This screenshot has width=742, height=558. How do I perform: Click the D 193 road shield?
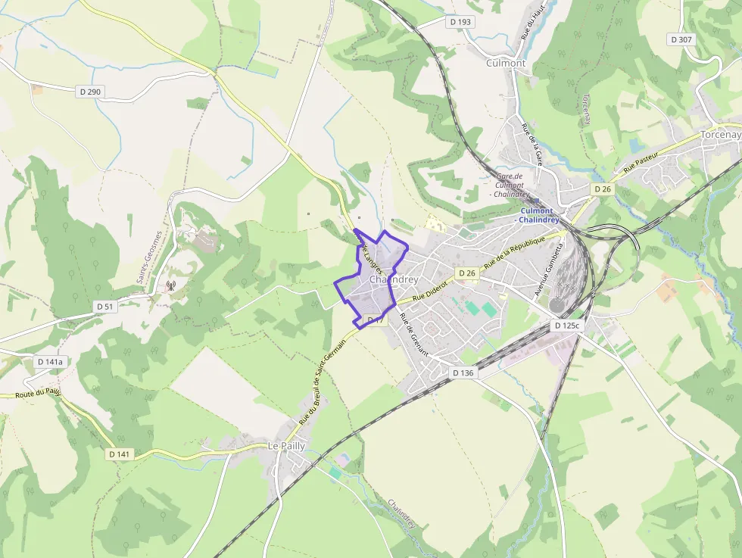[460, 22]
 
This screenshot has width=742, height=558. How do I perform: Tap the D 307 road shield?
[681, 39]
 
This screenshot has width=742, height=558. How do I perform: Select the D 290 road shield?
[90, 92]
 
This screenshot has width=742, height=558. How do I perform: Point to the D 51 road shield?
[104, 307]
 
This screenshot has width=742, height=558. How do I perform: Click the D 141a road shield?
[51, 362]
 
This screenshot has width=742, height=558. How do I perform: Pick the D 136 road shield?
[463, 373]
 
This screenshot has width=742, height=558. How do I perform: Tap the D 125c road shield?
[566, 326]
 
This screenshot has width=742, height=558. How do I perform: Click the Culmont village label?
[506, 64]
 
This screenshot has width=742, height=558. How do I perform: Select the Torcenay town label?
[719, 135]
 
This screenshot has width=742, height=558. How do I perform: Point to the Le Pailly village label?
[286, 446]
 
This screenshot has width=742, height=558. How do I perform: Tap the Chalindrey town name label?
[394, 279]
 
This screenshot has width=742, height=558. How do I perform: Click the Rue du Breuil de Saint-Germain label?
[322, 380]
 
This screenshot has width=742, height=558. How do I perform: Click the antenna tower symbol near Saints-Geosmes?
[170, 286]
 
